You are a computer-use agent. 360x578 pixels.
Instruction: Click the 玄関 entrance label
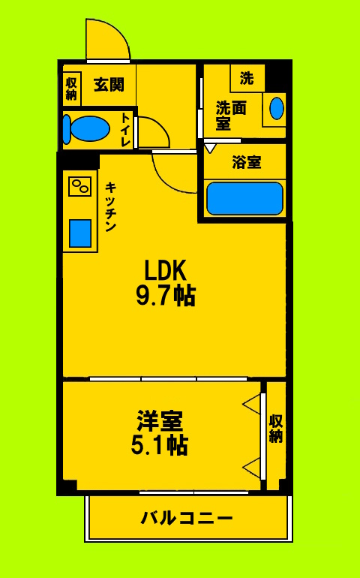click(109, 84)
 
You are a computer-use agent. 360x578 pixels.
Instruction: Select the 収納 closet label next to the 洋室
click(275, 427)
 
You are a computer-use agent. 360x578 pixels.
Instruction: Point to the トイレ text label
click(125, 128)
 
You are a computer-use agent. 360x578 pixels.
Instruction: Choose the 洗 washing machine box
click(247, 77)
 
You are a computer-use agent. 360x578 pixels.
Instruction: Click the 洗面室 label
click(230, 115)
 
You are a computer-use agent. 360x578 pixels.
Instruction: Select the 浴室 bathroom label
click(246, 161)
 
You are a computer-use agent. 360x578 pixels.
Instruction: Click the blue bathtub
click(244, 198)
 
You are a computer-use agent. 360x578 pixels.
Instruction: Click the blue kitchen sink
click(80, 233)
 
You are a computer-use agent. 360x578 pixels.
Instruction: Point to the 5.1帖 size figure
click(159, 445)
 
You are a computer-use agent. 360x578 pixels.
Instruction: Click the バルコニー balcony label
click(187, 518)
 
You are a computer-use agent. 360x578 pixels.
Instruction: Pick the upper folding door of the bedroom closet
click(252, 406)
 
